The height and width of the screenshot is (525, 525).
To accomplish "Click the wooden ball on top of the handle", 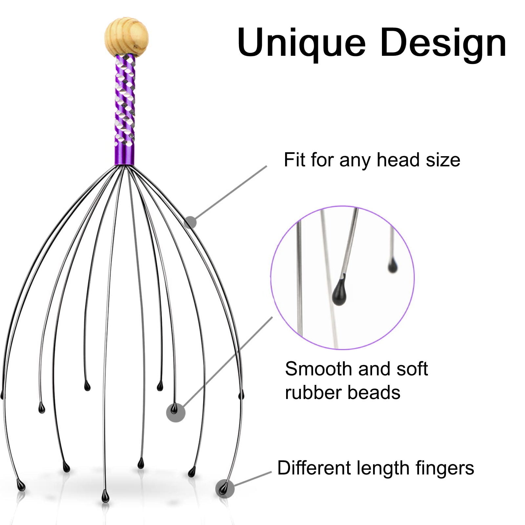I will coord(126,36).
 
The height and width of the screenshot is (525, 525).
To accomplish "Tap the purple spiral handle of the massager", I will coord(125,108).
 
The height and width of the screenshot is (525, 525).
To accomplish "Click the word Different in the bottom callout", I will coord(314,468).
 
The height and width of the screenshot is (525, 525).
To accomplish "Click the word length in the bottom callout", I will coord(383,468).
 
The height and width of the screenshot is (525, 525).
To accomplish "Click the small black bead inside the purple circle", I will coord(392,266).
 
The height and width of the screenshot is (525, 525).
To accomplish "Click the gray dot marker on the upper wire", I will coord(190,222).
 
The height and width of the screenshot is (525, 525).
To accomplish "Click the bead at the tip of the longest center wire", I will coord(105,497).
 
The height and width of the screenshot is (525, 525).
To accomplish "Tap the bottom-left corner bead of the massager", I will coord(21,485).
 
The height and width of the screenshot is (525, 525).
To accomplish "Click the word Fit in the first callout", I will coord(294,160).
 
